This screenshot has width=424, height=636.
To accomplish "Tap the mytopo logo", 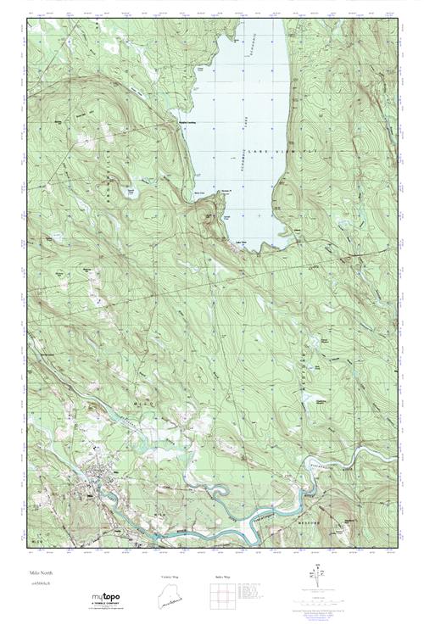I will (105, 598).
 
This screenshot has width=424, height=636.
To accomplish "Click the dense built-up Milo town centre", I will (90, 490).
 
